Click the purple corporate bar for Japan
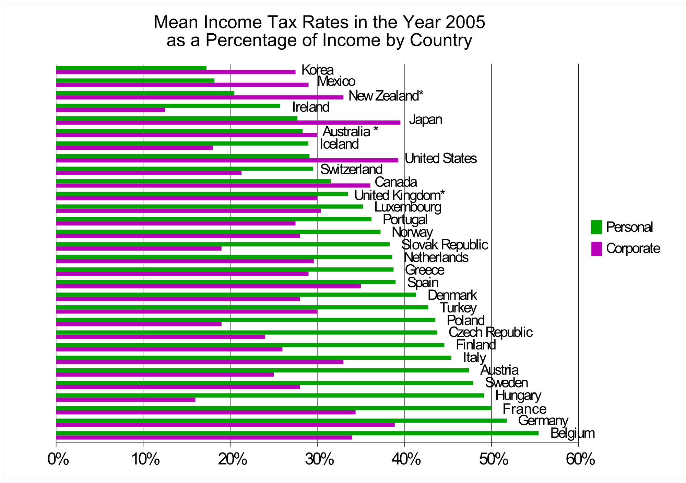(x=228, y=123)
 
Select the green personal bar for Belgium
(x=297, y=433)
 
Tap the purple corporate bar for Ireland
(x=110, y=110)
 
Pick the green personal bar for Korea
(x=131, y=68)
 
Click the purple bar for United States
(x=227, y=160)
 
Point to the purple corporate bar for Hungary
(x=126, y=400)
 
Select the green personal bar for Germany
(x=281, y=421)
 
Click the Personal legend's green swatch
(x=596, y=227)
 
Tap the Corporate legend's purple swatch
(x=596, y=249)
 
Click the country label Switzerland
(x=351, y=170)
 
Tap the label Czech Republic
(x=490, y=332)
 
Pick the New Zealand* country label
(x=386, y=96)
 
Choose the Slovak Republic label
(x=445, y=245)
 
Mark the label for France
(x=524, y=409)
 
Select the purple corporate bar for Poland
(x=139, y=324)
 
